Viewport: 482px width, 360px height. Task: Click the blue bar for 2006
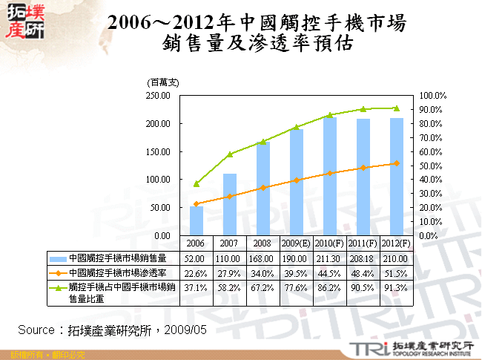(197, 220)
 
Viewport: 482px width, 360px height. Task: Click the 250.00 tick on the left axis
(159, 96)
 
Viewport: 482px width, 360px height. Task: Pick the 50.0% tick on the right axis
(432, 166)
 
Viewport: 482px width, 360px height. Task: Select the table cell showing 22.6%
(197, 272)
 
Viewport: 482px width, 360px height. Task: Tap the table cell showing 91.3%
(396, 286)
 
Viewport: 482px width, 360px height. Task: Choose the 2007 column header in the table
(229, 243)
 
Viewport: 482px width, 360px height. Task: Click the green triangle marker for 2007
(230, 154)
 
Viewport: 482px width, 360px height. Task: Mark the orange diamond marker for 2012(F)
(396, 163)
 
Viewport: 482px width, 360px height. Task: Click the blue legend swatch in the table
(58, 258)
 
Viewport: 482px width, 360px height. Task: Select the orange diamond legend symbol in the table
(58, 272)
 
